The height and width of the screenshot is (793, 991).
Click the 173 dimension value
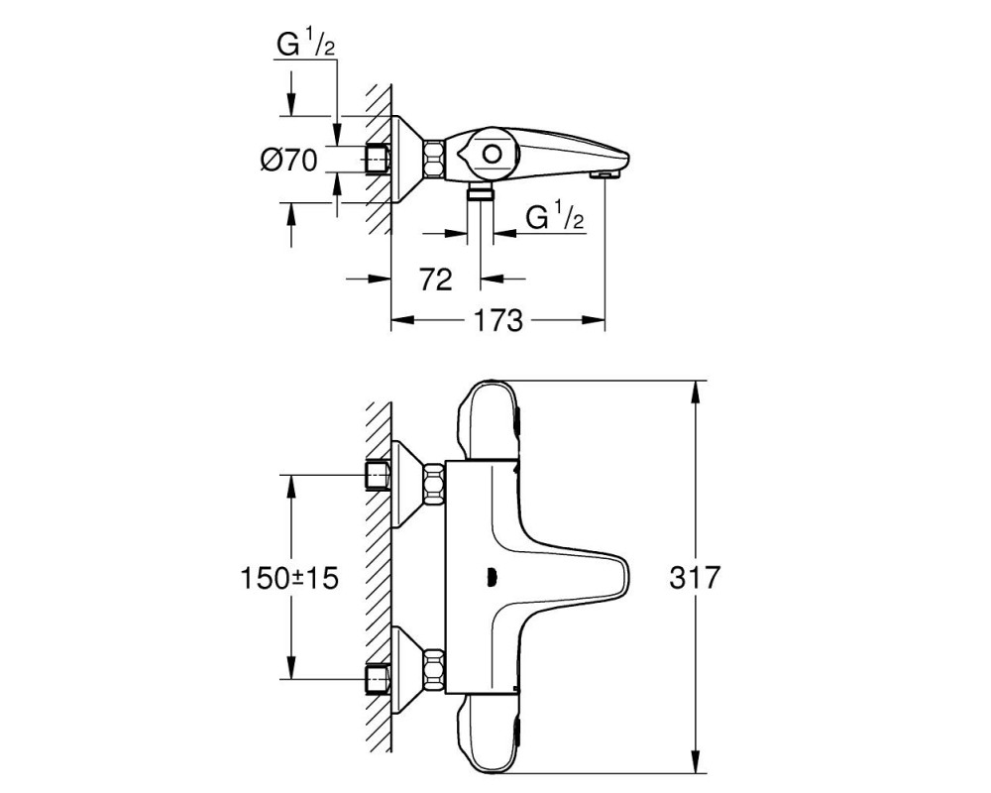[x=499, y=320]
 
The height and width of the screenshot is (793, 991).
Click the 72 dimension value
[x=436, y=279]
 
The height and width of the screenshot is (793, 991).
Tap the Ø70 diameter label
[x=288, y=160]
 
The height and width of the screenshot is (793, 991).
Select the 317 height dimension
[x=695, y=577]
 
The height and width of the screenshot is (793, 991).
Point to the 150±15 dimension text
[x=289, y=578]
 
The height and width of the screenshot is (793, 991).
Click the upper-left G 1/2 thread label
[x=306, y=45]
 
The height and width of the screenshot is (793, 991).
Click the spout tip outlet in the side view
[x=606, y=173]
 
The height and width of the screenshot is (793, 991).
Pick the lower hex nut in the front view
[x=434, y=670]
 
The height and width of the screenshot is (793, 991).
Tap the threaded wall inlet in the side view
[x=379, y=158]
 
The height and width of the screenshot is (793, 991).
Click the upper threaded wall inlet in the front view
[x=379, y=476]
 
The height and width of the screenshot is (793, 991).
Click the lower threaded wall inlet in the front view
[x=379, y=679]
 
